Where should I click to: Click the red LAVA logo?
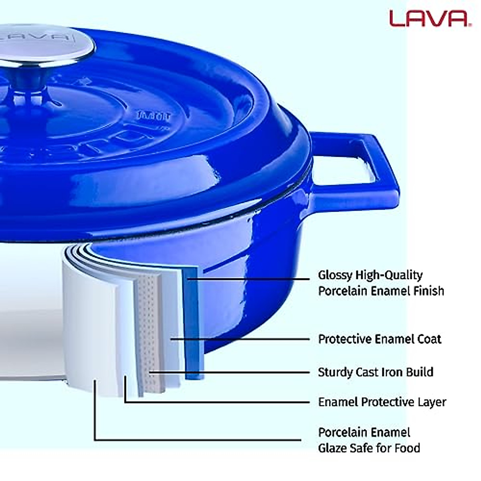coord(428,18)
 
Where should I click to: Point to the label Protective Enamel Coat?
coord(379,339)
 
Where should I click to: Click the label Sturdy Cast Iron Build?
coord(375,372)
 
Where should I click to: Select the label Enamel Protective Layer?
coord(382,402)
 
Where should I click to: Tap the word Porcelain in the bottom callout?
coord(342,432)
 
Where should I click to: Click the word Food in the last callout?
coord(407,448)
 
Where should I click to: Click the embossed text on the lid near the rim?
coord(154,117)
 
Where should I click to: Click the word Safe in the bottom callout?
coord(363,448)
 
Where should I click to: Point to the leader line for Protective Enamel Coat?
coord(240,339)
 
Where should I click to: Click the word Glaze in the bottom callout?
coord(333,448)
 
